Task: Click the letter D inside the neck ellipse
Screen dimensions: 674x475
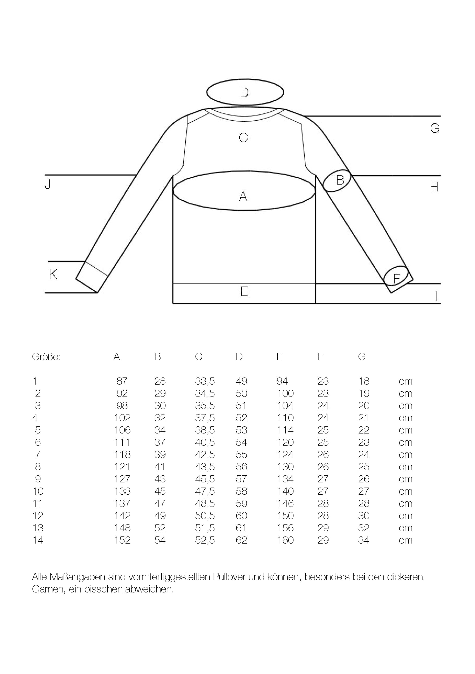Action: coord(244,92)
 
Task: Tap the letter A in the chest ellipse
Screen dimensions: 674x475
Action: coord(243,196)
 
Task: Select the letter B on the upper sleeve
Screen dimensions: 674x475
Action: coord(340,180)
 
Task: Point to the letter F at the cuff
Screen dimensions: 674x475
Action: coord(396,279)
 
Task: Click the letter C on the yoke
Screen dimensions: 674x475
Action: coord(243,138)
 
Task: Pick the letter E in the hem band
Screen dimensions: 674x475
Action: coord(244,292)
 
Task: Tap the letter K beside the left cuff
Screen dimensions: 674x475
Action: coord(53,274)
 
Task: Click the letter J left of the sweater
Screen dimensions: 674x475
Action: coord(48,184)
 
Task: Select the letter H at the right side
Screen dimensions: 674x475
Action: coord(434,187)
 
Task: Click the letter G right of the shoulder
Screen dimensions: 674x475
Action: coord(435,129)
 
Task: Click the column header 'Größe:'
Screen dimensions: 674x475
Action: coord(46,357)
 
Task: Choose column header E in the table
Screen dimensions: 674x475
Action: coord(279,357)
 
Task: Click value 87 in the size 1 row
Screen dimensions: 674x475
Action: coord(122,381)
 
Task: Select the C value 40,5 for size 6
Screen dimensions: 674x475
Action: coord(205,442)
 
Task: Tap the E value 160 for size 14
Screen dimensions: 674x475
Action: coord(285,540)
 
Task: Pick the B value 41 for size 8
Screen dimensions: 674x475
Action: coord(160,466)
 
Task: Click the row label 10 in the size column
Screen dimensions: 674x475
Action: coord(38,491)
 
